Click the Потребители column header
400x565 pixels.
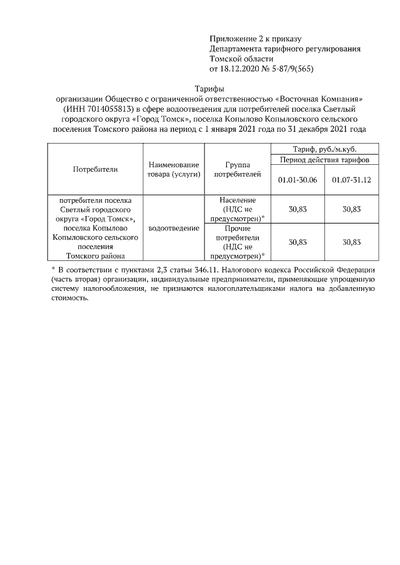click(95, 169)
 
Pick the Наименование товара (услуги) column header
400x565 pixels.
click(174, 169)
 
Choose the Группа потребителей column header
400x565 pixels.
click(237, 169)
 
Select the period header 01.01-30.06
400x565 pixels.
click(297, 180)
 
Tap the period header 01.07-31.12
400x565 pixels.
click(352, 180)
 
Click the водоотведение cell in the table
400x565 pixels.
click(174, 228)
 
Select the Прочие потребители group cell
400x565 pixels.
click(237, 242)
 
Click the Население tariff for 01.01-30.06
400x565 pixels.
click(297, 209)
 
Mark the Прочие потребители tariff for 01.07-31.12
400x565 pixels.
click(352, 242)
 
